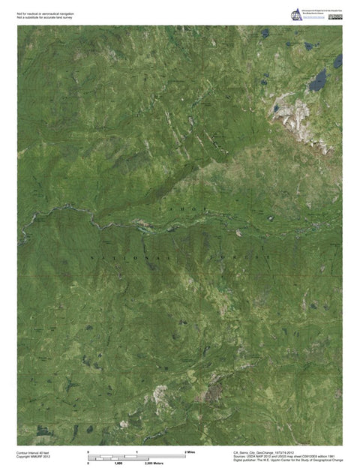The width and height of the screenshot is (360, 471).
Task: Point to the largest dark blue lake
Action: (320, 76)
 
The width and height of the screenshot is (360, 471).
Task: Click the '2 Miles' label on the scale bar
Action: (190, 451)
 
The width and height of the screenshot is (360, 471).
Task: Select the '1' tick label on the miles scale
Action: (137, 451)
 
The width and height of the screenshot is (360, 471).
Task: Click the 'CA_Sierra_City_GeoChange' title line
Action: (268, 453)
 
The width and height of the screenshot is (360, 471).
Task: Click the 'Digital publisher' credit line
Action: (288, 461)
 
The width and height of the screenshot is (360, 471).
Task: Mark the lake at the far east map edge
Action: (338, 60)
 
